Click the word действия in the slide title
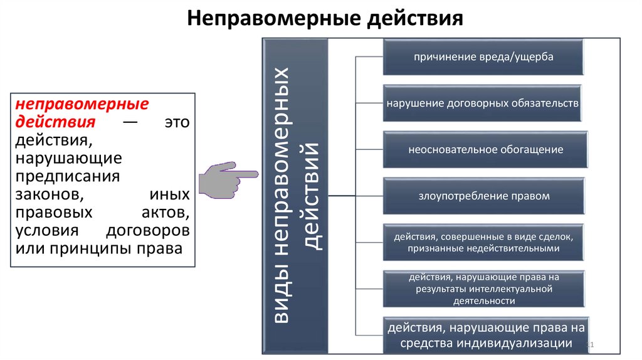click(411, 18)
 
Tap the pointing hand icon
click(226, 179)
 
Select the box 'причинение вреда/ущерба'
click(483, 57)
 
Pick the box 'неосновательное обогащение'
click(485, 149)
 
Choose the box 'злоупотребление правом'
click(483, 196)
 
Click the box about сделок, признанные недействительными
click(483, 243)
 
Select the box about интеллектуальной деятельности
click(483, 289)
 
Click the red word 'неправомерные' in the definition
click(82, 103)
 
